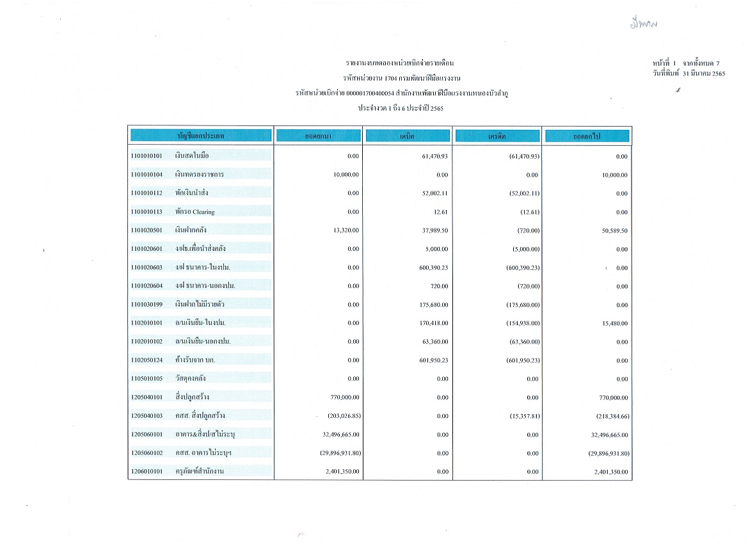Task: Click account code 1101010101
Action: [x=146, y=156]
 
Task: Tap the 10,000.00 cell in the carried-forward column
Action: [x=615, y=175]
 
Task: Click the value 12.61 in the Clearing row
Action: [x=440, y=212]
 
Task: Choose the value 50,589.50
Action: [x=615, y=230]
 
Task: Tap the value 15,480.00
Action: [x=616, y=323]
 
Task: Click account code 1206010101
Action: [x=146, y=472]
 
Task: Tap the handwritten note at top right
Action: [x=643, y=24]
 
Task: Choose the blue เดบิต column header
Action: [x=407, y=136]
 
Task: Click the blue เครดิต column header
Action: [x=497, y=136]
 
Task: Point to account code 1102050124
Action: [x=146, y=360]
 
